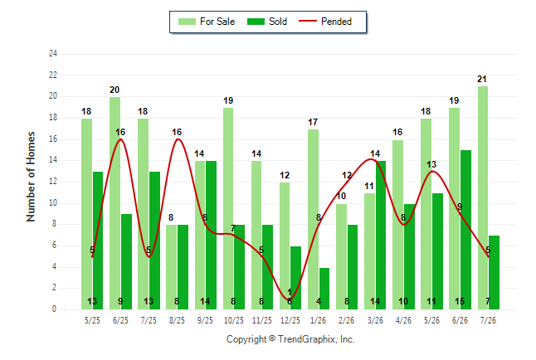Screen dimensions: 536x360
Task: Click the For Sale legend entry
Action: pyautogui.click(x=207, y=22)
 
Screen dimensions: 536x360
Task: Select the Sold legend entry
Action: pyautogui.click(x=267, y=22)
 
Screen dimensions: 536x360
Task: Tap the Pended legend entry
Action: pyautogui.click(x=325, y=22)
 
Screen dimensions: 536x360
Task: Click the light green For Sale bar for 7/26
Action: pyautogui.click(x=483, y=198)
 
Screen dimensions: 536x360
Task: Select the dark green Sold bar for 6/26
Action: pyautogui.click(x=466, y=230)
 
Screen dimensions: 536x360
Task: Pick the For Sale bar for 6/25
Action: pyautogui.click(x=115, y=203)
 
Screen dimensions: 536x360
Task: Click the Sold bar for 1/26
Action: pyautogui.click(x=324, y=289)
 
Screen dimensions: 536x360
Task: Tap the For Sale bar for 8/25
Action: pyautogui.click(x=171, y=267)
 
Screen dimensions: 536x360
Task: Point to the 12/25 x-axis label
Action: pyautogui.click(x=290, y=320)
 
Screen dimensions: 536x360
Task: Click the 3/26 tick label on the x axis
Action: pyautogui.click(x=375, y=320)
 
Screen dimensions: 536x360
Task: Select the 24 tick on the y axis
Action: pyautogui.click(x=52, y=53)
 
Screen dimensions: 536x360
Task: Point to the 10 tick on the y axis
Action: pyautogui.click(x=52, y=202)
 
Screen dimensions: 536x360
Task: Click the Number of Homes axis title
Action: pyautogui.click(x=31, y=177)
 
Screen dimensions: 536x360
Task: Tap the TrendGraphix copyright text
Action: pyautogui.click(x=290, y=339)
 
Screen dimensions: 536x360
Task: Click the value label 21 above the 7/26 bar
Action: pyautogui.click(x=481, y=79)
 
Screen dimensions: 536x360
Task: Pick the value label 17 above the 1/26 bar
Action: pyautogui.click(x=313, y=122)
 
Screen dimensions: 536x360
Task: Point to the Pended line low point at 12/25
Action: pyautogui.click(x=290, y=299)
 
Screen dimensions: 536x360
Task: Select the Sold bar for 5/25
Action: pyautogui.click(x=98, y=241)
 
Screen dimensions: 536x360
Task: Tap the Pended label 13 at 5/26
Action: pyautogui.click(x=431, y=164)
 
